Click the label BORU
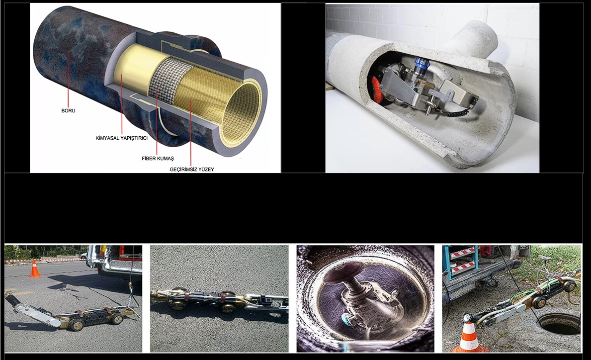pos(68,110)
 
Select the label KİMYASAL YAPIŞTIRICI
pos(122,138)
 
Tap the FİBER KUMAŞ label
pos(158,158)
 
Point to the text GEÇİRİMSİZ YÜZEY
pos(192,169)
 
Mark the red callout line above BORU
pos(68,79)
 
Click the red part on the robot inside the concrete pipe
pos(377,90)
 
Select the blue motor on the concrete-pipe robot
pos(421,65)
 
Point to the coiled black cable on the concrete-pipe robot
pos(458,110)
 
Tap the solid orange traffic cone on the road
pos(35,269)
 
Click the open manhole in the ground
pos(559,323)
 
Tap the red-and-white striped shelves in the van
pos(463,260)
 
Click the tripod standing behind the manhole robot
pos(545,266)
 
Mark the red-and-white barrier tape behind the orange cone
pos(41,260)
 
